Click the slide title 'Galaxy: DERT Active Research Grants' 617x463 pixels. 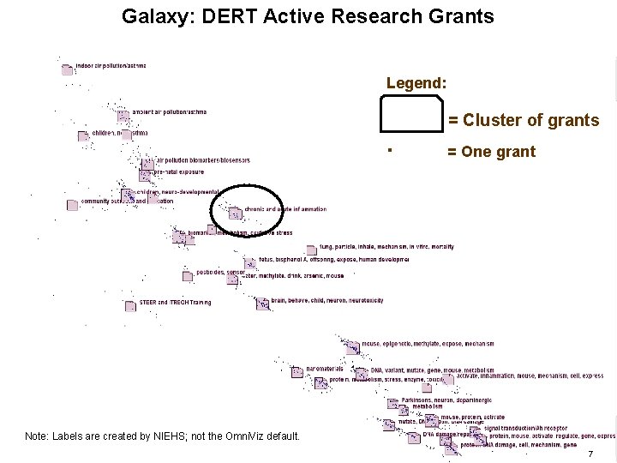click(308, 16)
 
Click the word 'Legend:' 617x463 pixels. click(416, 83)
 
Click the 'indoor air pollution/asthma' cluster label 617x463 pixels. click(111, 66)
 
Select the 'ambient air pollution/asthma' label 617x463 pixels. click(169, 111)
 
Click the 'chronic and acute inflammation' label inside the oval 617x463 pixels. click(285, 208)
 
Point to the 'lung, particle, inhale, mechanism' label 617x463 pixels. click(386, 247)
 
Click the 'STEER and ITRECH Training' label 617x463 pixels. click(175, 302)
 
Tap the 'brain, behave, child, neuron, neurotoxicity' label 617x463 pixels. click(326, 301)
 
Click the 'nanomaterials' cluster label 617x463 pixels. click(324, 369)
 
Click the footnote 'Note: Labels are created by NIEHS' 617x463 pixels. click(162, 436)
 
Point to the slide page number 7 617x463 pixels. click(590, 453)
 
